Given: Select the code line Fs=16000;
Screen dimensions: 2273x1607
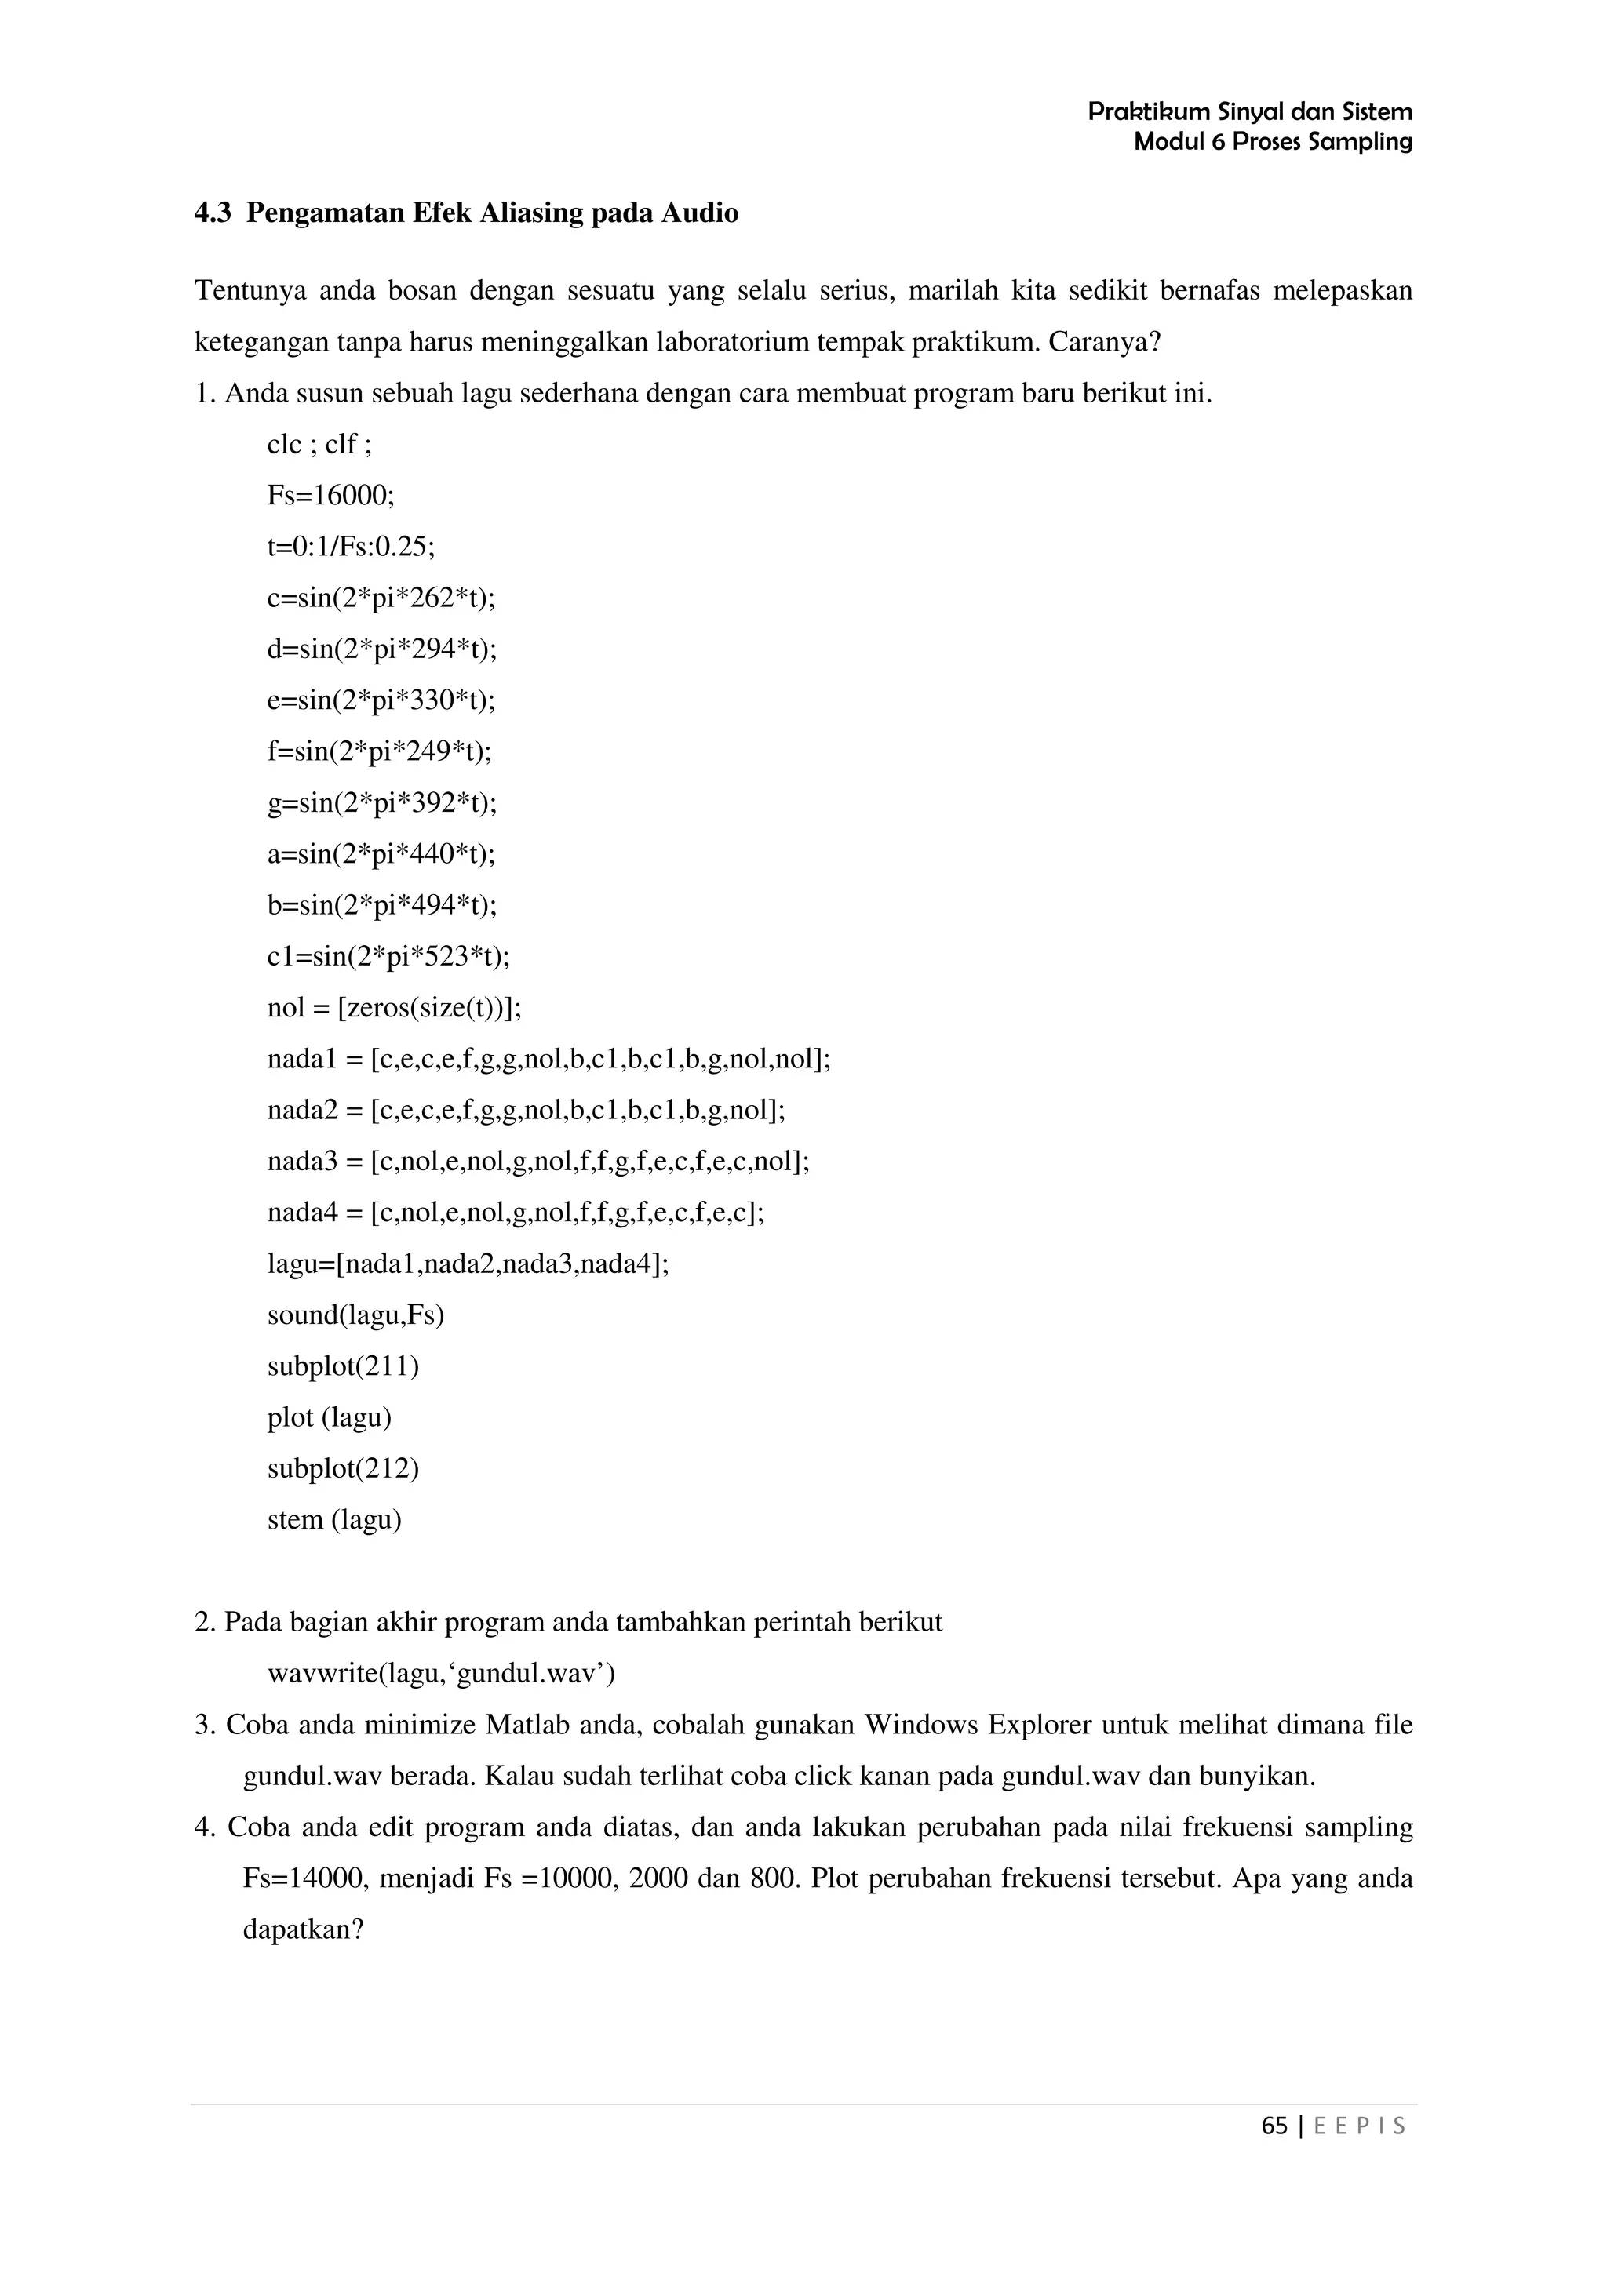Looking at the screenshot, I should click(x=330, y=495).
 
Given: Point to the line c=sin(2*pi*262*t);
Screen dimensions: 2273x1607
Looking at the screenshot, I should click(x=381, y=598).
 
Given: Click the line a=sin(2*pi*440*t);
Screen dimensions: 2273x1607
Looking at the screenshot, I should click(x=381, y=853).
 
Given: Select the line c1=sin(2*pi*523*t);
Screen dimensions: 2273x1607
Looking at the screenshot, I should click(x=388, y=956).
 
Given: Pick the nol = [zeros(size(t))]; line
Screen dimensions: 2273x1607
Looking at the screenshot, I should click(x=394, y=1008).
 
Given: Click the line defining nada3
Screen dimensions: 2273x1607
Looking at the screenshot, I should click(x=537, y=1162).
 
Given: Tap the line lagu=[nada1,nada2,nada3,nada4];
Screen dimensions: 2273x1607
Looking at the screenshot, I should click(x=468, y=1264).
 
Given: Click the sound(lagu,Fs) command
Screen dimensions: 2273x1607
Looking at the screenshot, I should click(x=355, y=1315).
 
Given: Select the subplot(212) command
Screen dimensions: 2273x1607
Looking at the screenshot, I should click(x=343, y=1469).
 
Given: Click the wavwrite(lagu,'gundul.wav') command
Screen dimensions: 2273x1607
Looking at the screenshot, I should click(x=442, y=1674).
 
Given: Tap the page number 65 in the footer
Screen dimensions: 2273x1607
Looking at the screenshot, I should click(x=1274, y=2126).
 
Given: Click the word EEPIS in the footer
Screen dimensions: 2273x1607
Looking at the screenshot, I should click(x=1360, y=2126).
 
